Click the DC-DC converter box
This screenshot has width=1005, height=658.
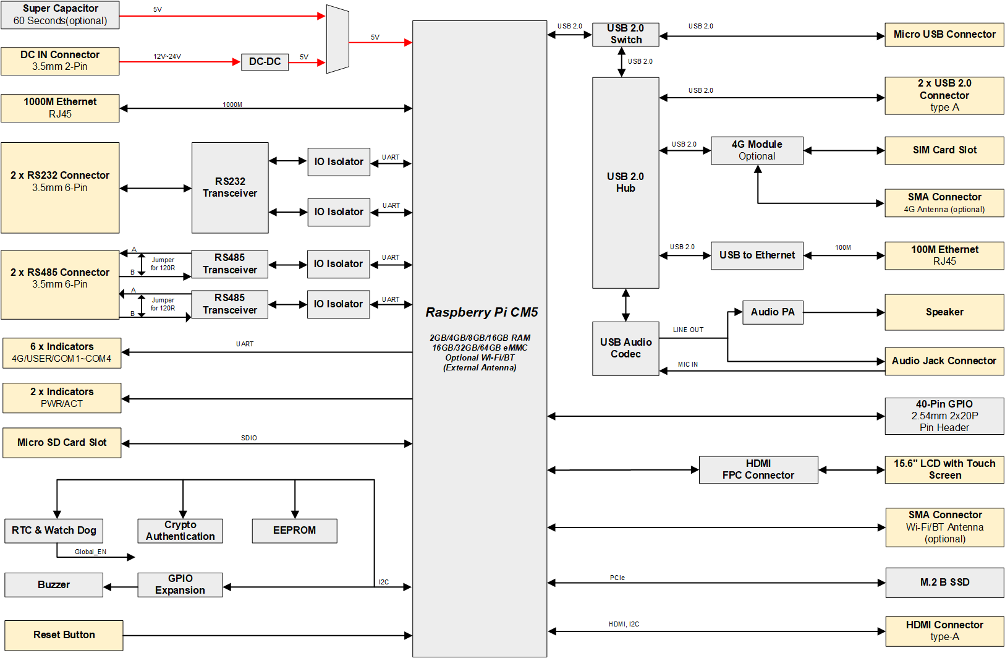click(x=265, y=62)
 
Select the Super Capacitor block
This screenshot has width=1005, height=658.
click(x=60, y=15)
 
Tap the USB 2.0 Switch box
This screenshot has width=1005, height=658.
click(x=625, y=35)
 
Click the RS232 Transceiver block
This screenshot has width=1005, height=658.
click(x=230, y=187)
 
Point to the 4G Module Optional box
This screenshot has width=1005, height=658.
click(x=757, y=150)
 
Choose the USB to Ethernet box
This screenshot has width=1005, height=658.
click(x=757, y=255)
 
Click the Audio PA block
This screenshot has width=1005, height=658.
click(x=772, y=312)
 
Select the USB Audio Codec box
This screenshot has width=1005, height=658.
click(x=625, y=348)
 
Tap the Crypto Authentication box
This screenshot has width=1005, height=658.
click(x=180, y=531)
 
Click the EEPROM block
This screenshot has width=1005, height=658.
click(x=294, y=531)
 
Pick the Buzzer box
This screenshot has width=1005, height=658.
click(x=54, y=584)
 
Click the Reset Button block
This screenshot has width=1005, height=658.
click(x=64, y=635)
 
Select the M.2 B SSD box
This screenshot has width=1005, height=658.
click(x=944, y=583)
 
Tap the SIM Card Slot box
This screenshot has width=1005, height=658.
click(x=944, y=150)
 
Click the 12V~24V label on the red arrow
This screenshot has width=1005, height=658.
click(x=167, y=56)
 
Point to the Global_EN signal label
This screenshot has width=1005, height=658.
click(x=90, y=552)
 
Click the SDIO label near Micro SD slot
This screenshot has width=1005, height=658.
click(x=248, y=438)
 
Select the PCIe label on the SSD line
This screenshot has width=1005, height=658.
click(x=617, y=578)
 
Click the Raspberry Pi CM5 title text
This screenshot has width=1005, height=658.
click(x=481, y=312)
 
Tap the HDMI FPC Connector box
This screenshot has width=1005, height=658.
click(x=758, y=469)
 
